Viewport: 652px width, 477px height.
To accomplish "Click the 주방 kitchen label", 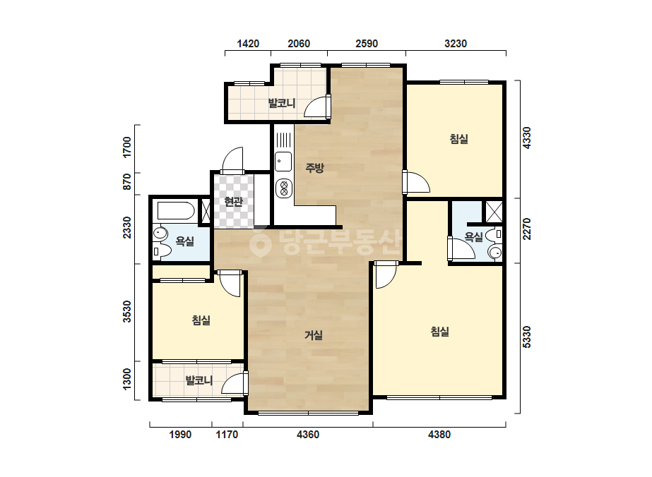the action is click(x=314, y=168).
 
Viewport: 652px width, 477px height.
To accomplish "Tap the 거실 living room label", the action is click(x=314, y=335).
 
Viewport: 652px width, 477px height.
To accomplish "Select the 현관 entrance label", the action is click(x=233, y=202).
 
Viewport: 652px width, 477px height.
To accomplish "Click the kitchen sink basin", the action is click(x=283, y=162).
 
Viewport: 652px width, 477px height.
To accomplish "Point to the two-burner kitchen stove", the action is click(x=283, y=188).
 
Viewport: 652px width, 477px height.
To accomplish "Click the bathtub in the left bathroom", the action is click(x=176, y=211).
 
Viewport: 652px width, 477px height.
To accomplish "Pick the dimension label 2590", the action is click(x=367, y=44).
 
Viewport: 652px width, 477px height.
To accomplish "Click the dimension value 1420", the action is click(x=248, y=44).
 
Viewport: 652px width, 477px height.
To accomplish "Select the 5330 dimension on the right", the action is click(x=526, y=337).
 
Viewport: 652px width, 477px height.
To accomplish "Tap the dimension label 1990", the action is click(x=180, y=435).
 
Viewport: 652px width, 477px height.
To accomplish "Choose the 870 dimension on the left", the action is click(x=127, y=181).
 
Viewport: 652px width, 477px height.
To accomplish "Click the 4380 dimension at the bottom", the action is click(x=439, y=435).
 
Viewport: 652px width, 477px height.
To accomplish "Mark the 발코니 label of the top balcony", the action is click(x=282, y=102).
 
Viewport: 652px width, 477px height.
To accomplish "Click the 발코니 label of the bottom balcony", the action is click(x=198, y=380).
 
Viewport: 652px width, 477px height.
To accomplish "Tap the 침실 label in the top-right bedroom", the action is click(x=459, y=139).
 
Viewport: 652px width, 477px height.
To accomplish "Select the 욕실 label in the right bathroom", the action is click(x=473, y=237).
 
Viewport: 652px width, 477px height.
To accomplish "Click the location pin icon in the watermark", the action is click(x=260, y=244).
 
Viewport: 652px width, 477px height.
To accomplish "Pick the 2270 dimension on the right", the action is click(x=526, y=229).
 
